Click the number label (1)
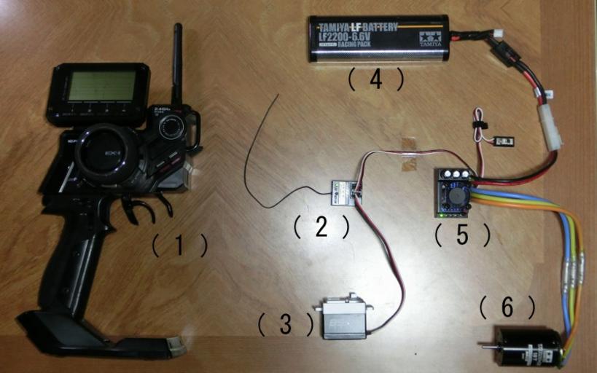coord(180,246)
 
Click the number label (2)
coord(321,227)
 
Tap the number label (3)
coord(285,323)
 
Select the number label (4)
coord(375,79)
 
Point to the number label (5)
coord(462,235)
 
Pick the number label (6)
coord(508,308)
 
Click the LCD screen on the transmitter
coord(101,86)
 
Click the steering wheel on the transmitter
coord(106,154)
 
